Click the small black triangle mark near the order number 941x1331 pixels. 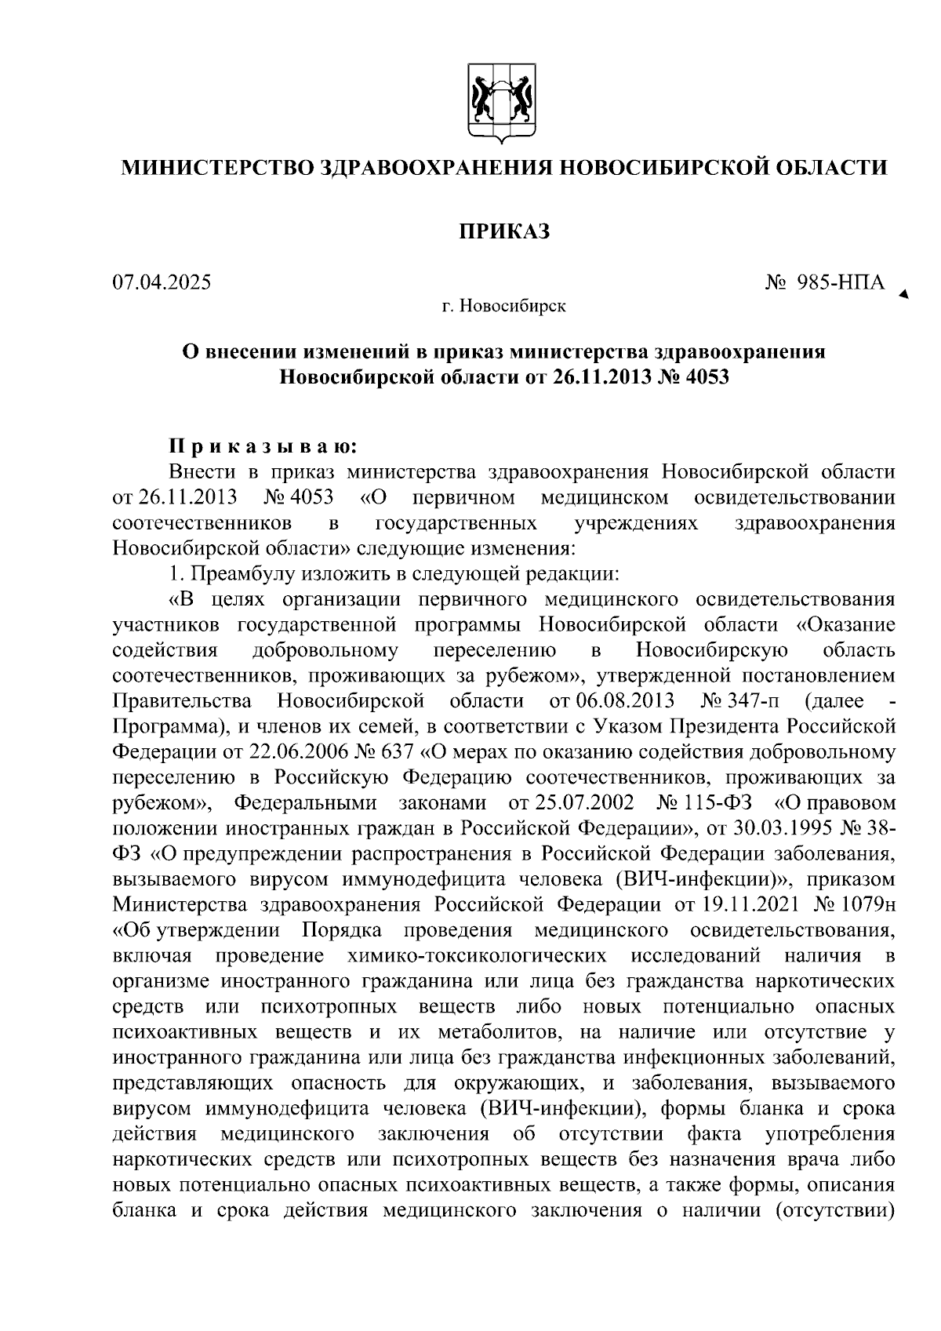(x=904, y=295)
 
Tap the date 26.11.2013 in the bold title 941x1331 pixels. (x=602, y=376)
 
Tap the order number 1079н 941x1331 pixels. (x=867, y=904)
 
